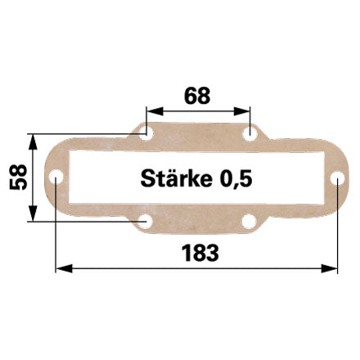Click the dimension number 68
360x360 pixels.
(x=197, y=96)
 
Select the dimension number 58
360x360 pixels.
(x=18, y=178)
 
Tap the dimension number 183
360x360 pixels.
(x=200, y=253)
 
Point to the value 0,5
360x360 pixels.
(x=236, y=179)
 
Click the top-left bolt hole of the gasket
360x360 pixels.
(x=146, y=134)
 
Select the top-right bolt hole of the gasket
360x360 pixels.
(x=250, y=134)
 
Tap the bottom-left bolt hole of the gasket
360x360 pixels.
(x=146, y=221)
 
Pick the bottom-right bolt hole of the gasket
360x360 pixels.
(x=249, y=221)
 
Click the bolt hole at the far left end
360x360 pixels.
(x=56, y=178)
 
